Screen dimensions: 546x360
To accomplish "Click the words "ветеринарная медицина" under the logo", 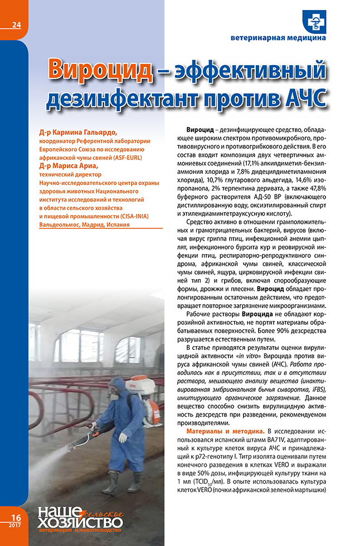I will pos(278,38).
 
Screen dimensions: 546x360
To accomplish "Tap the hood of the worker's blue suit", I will pos(116,384).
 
